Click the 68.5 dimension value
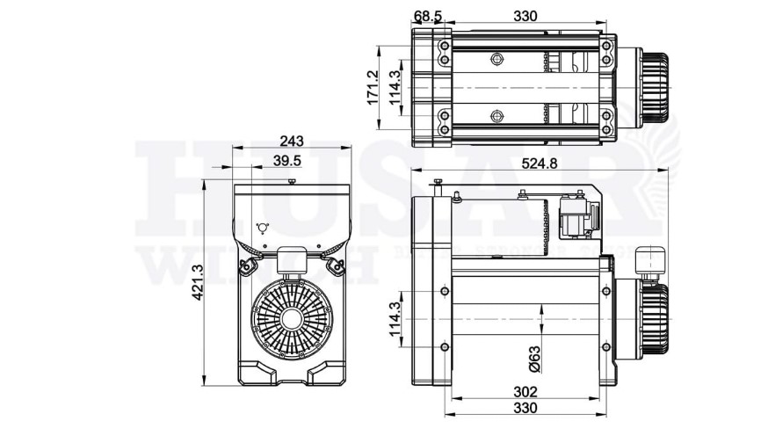pyautogui.click(x=428, y=17)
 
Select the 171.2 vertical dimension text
pyautogui.click(x=372, y=87)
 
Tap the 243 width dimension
pyautogui.click(x=293, y=142)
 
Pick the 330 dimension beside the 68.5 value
pyautogui.click(x=525, y=17)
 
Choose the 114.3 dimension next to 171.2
pyautogui.click(x=395, y=88)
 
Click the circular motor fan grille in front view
pyautogui.click(x=293, y=317)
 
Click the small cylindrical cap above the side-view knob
pyautogui.click(x=651, y=257)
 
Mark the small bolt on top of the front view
pyautogui.click(x=291, y=181)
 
